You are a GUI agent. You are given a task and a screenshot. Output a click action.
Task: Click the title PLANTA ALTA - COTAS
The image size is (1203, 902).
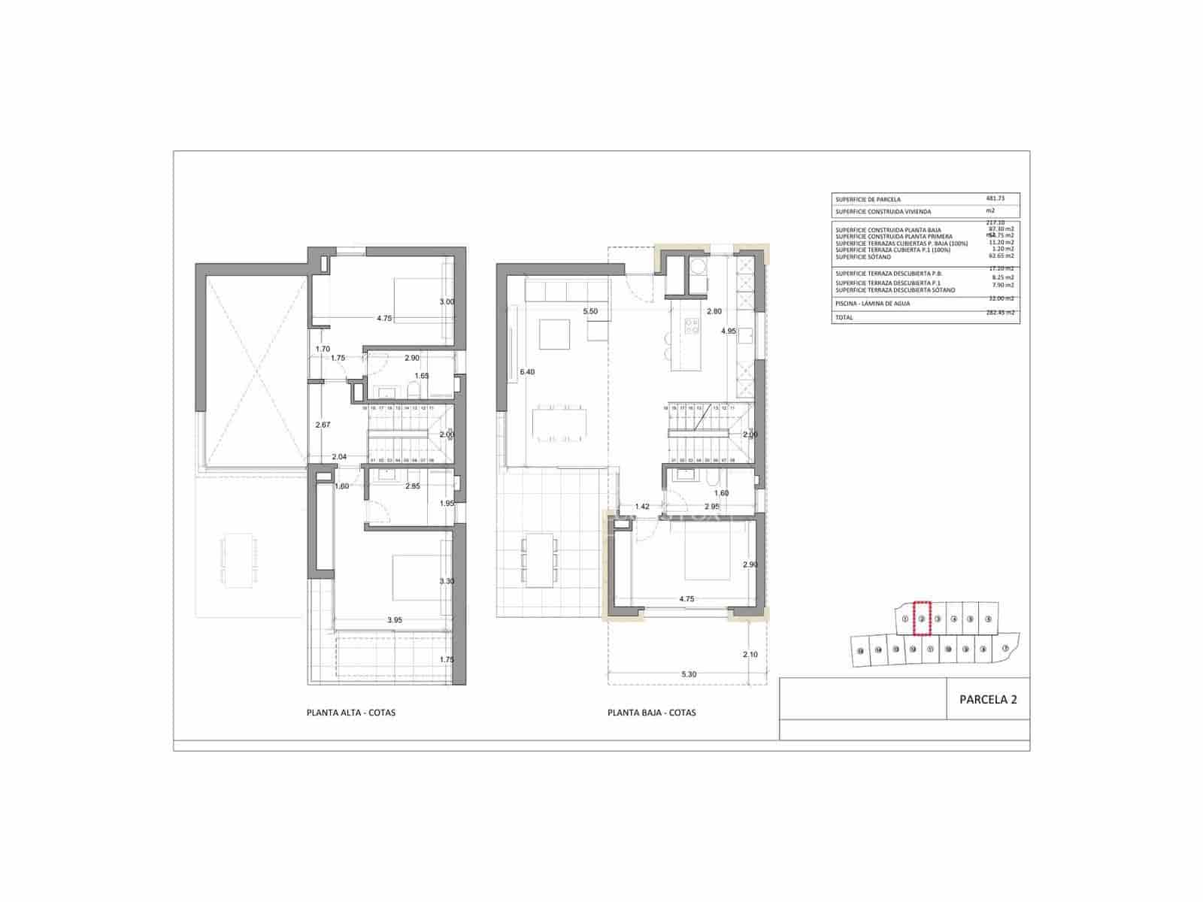click(350, 713)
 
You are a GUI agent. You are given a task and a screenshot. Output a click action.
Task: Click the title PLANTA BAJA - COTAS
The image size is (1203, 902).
click(651, 713)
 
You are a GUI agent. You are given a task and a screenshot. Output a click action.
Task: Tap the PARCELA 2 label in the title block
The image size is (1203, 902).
click(988, 699)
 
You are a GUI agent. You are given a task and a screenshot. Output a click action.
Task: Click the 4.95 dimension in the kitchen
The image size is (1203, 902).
click(728, 331)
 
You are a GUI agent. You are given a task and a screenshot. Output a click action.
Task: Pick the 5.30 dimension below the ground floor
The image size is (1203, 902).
click(689, 674)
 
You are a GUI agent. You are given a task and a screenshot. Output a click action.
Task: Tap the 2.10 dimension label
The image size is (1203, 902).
click(750, 655)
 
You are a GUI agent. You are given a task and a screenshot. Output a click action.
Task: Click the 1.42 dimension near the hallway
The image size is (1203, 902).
click(641, 507)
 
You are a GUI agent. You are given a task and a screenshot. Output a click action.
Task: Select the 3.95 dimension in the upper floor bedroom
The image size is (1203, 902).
click(395, 620)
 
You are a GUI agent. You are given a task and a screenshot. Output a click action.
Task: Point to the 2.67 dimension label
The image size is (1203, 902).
click(323, 425)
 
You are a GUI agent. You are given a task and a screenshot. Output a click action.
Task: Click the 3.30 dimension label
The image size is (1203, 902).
click(447, 581)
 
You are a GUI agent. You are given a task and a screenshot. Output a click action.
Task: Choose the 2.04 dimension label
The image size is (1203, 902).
click(339, 456)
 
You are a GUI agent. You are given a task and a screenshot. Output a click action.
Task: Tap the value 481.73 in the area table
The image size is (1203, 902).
click(995, 198)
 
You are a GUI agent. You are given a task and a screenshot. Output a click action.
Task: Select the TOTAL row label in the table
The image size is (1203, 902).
click(844, 318)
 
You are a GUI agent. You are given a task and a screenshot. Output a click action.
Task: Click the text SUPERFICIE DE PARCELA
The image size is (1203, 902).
click(868, 200)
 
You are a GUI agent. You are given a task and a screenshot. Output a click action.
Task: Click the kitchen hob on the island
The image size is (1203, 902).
click(690, 326)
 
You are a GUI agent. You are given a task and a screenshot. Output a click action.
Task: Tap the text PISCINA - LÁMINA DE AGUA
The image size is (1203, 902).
click(872, 304)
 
